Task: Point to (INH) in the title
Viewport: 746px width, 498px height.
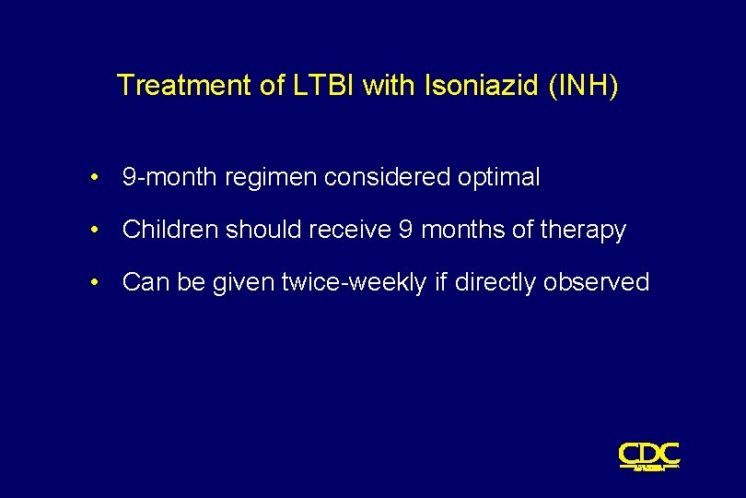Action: click(x=583, y=86)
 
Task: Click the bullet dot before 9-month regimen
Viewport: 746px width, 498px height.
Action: click(x=96, y=178)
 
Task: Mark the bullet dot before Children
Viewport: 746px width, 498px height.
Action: click(x=96, y=231)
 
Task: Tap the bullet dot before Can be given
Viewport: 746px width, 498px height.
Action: click(x=96, y=282)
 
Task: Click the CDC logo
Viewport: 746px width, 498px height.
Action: click(x=649, y=456)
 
